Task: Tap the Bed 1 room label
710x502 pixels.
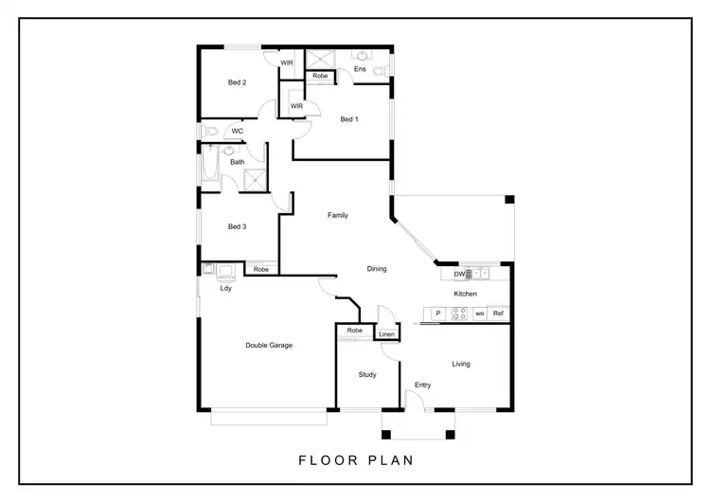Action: point(349,119)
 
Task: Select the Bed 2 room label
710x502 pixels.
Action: point(237,82)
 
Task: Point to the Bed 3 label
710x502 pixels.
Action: point(237,226)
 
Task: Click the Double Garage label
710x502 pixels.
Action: point(269,346)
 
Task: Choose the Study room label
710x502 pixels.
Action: point(367,375)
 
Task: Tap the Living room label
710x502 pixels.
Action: point(461,364)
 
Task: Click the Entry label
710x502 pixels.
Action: point(422,385)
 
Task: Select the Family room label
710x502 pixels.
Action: point(338,215)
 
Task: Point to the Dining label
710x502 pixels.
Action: point(377,269)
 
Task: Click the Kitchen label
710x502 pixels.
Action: point(465,295)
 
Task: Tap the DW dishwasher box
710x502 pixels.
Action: point(459,275)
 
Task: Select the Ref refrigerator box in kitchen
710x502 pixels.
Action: point(498,314)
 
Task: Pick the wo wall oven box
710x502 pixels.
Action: point(479,314)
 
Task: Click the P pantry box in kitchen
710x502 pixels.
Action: point(437,314)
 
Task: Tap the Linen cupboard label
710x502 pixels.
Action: point(386,334)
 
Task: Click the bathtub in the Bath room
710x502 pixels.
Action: point(210,168)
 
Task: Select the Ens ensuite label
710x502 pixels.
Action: point(360,69)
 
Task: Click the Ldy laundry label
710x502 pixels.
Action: point(226,289)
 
